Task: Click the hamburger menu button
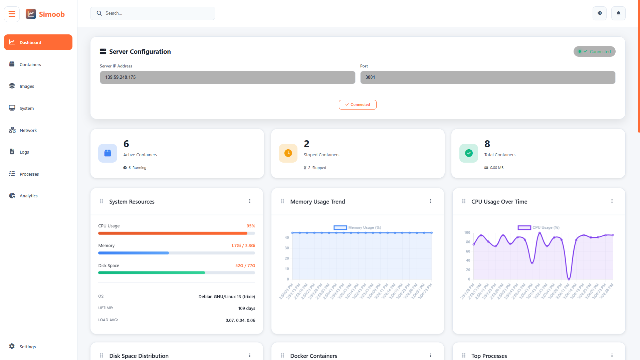click(12, 14)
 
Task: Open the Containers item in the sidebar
click(30, 64)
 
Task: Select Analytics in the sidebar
click(28, 196)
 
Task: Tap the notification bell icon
click(618, 13)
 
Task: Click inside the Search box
click(157, 13)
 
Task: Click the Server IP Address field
click(227, 77)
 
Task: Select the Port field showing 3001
click(487, 77)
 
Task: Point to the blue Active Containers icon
click(108, 153)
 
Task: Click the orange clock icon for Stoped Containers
click(288, 153)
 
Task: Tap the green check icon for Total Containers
click(469, 153)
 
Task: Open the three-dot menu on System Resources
click(250, 201)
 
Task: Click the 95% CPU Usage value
click(251, 226)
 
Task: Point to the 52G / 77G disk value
click(245, 266)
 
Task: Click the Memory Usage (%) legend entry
click(358, 228)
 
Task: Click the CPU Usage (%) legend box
click(524, 228)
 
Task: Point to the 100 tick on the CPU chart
click(467, 233)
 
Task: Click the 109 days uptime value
click(247, 308)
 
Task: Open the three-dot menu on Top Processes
click(612, 355)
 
